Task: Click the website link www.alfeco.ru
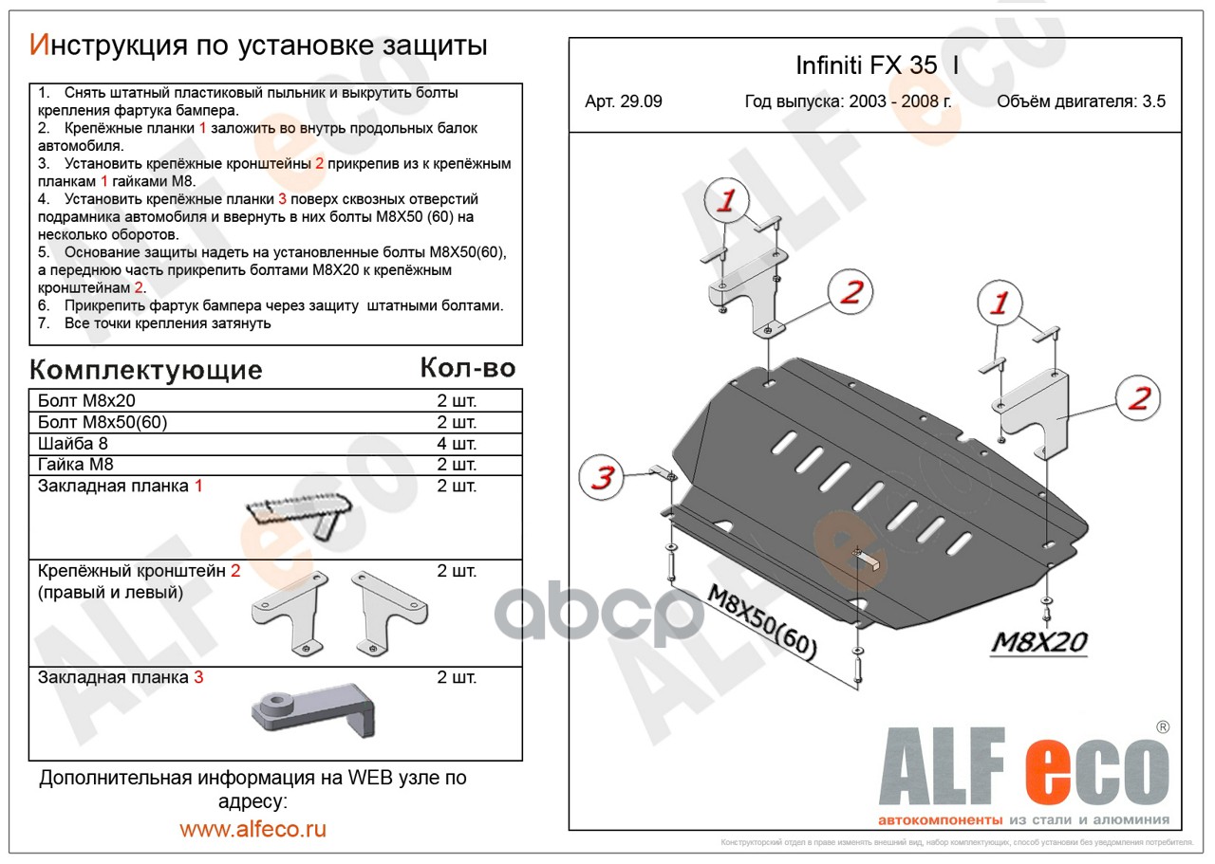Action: coord(252,829)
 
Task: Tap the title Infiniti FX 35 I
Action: coord(877,65)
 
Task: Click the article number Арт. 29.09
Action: coord(624,101)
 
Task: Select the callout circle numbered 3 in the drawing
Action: coord(602,477)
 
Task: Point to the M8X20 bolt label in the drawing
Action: coord(1038,642)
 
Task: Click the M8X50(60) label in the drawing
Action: coord(761,623)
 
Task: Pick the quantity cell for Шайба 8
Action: coord(457,444)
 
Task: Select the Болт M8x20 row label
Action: coord(86,400)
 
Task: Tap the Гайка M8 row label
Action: coord(75,465)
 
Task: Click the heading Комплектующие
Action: coord(146,370)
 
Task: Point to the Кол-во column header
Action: coord(468,368)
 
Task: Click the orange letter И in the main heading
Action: coord(40,45)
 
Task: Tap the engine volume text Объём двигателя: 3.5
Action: coord(1081,101)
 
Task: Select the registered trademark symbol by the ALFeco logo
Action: coord(1163,726)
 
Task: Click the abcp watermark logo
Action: coord(599,614)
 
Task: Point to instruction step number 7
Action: coord(44,323)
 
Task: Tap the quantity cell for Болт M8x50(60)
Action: coord(457,422)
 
